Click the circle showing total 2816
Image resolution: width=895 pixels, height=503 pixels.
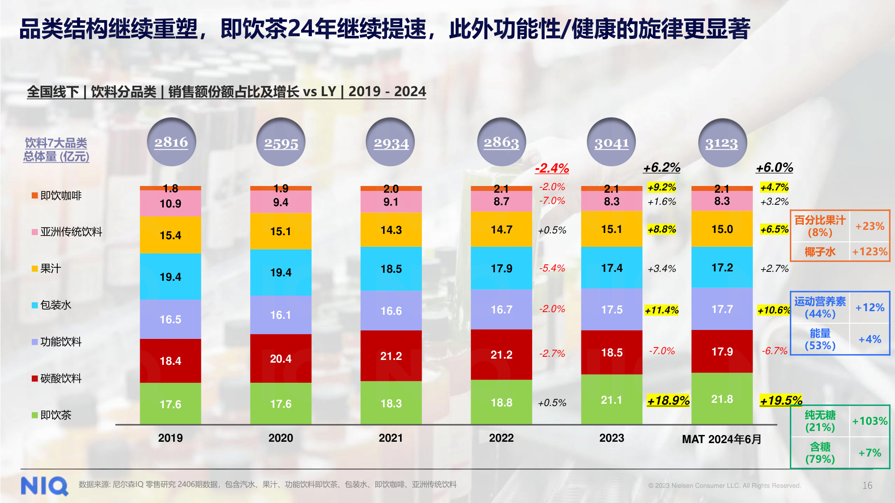tap(171, 142)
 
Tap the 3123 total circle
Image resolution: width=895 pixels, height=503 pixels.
tap(722, 143)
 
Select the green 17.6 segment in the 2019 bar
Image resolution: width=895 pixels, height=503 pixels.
tap(170, 404)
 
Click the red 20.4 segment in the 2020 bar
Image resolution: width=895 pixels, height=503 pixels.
tap(281, 359)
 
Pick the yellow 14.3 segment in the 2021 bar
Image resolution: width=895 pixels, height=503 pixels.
tap(391, 230)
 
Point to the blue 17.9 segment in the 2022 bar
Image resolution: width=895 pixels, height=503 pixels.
tap(501, 268)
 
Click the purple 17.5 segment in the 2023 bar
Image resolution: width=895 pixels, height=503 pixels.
tap(612, 309)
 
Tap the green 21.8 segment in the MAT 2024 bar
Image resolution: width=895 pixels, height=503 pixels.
tap(722, 399)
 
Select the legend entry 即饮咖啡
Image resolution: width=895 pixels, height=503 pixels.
tap(57, 195)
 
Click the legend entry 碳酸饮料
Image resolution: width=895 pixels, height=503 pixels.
tap(57, 378)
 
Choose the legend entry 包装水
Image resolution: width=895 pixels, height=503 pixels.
tap(51, 305)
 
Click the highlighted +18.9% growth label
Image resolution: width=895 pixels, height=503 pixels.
tap(668, 400)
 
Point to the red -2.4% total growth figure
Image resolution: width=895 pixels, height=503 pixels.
tap(552, 168)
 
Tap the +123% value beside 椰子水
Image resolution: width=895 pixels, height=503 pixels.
tap(869, 252)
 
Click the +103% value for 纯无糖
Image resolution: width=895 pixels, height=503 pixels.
tap(869, 421)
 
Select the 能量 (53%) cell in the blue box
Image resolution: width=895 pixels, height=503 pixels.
tap(820, 339)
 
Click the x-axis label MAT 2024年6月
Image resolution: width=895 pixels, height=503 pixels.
tap(721, 439)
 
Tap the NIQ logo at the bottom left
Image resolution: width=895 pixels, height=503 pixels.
tap(44, 486)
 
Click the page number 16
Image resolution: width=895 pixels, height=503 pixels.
tap(867, 485)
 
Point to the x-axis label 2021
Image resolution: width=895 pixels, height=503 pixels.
tap(391, 438)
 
